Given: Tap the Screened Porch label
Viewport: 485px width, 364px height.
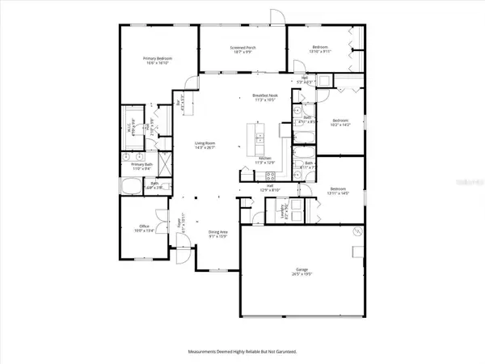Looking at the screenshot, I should tap(242, 50).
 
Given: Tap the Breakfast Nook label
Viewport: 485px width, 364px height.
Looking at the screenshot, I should tap(258, 98).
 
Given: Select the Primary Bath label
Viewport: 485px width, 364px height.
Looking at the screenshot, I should tap(142, 166).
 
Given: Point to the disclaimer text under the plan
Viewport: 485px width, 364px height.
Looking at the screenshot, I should tap(242, 351).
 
